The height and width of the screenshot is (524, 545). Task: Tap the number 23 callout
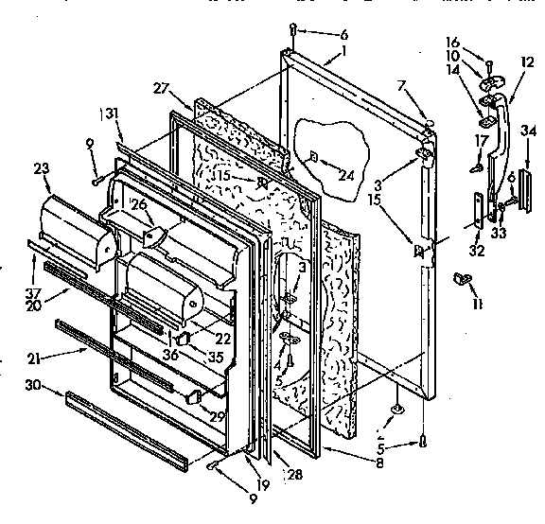[42, 170]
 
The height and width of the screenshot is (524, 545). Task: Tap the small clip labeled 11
[464, 278]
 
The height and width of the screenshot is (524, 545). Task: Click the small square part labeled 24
[313, 157]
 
